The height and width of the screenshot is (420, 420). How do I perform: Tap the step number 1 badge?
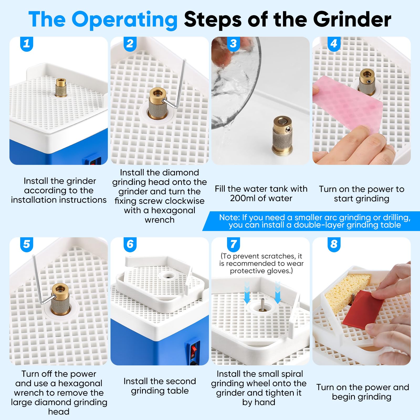pos(27,44)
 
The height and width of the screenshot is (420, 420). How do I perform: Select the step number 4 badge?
pos(334,44)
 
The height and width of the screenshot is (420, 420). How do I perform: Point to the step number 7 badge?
pos(233,244)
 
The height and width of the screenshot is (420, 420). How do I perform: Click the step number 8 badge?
pos(334,244)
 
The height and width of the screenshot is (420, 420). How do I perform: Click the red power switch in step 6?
pos(194,349)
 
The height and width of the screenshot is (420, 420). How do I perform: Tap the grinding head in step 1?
pos(61,87)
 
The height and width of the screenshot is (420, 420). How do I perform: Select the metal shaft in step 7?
pos(262,304)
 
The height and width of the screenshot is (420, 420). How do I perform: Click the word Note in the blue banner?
pos(229,217)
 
